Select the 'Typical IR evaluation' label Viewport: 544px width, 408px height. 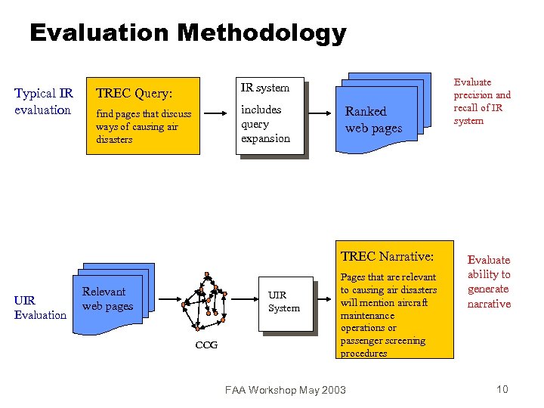pyautogui.click(x=44, y=101)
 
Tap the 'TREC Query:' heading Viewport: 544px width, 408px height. pyautogui.click(x=133, y=94)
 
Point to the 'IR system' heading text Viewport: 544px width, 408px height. pyautogui.click(x=264, y=88)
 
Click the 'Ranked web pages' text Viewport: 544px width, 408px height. pyautogui.click(x=373, y=119)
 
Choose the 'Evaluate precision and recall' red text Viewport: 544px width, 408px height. pyautogui.click(x=482, y=101)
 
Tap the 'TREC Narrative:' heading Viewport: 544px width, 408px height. pyautogui.click(x=387, y=257)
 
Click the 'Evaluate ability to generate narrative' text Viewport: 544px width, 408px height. pyautogui.click(x=489, y=282)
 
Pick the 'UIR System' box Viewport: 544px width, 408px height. pyautogui.click(x=284, y=302)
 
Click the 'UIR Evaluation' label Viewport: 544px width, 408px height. pyautogui.click(x=40, y=308)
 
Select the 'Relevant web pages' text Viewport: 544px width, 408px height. pyautogui.click(x=107, y=298)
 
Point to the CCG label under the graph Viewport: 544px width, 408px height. pyautogui.click(x=206, y=345)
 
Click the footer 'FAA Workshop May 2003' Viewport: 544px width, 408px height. pyautogui.click(x=286, y=390)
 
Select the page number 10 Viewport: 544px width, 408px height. pyautogui.click(x=502, y=389)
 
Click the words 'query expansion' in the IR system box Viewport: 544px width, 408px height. pyautogui.click(x=265, y=131)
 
